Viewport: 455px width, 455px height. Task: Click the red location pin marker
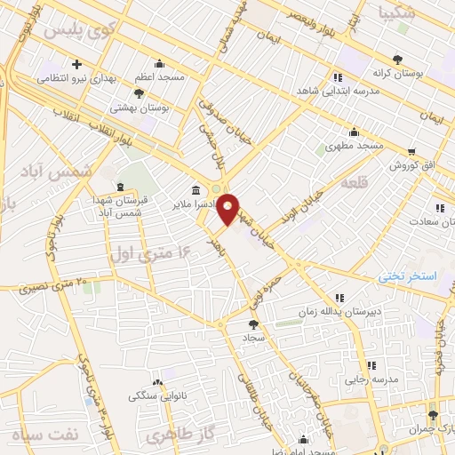(x=228, y=208)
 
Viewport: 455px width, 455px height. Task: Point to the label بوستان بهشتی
(x=139, y=107)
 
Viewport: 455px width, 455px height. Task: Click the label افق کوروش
(x=415, y=166)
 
